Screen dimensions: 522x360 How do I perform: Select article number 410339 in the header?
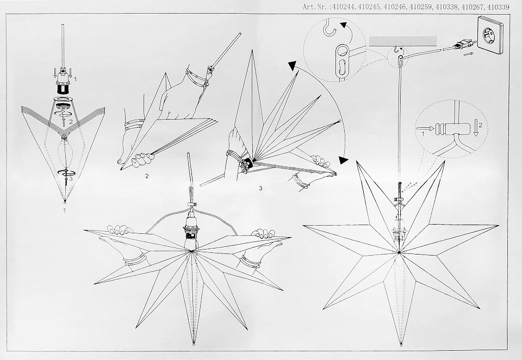point(498,7)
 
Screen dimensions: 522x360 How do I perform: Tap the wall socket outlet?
point(493,35)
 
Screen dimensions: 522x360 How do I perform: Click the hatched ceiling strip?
point(402,41)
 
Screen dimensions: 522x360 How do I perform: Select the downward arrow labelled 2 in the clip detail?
point(476,129)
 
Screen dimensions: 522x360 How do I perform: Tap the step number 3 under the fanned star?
point(260,188)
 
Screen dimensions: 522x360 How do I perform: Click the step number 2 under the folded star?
point(147,176)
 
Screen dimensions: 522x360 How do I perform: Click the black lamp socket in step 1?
point(63,88)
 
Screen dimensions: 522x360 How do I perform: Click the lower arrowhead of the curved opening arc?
point(344,160)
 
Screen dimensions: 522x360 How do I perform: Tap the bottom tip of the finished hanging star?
point(401,344)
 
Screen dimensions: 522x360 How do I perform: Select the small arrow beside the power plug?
point(468,53)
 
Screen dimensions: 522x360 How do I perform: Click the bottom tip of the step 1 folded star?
point(65,201)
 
